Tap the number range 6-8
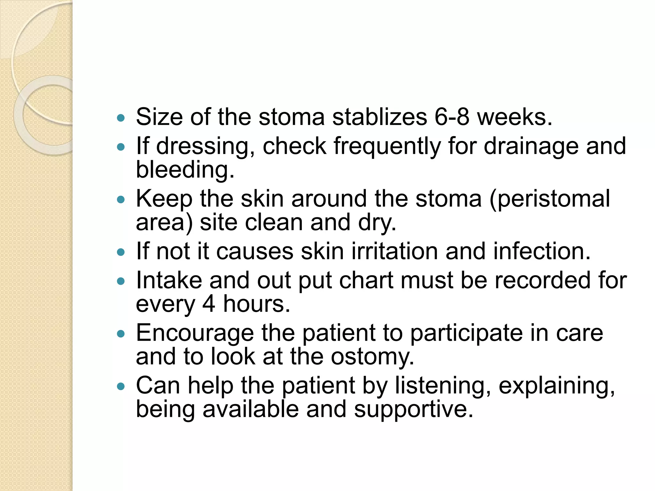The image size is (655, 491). pyautogui.click(x=452, y=117)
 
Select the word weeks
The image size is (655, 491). pyautogui.click(x=515, y=117)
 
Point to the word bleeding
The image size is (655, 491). pyautogui.click(x=185, y=169)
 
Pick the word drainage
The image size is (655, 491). pyautogui.click(x=531, y=146)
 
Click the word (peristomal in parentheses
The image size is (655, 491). pyautogui.click(x=549, y=199)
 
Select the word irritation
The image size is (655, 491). pyautogui.click(x=395, y=251)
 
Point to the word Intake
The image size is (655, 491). pyautogui.click(x=169, y=280)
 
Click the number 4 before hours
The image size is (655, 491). pyautogui.click(x=209, y=304)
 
